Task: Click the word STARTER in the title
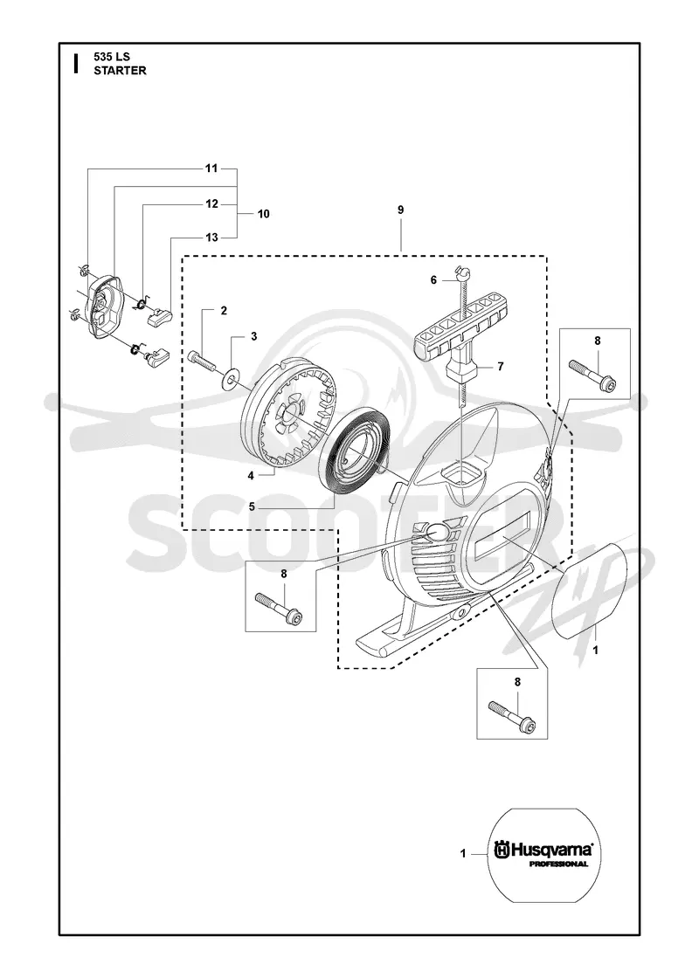[120, 71]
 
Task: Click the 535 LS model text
[112, 57]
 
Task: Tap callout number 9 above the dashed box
[401, 210]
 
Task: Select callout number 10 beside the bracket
[263, 214]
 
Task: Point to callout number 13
[211, 238]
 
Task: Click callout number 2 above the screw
[224, 311]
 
